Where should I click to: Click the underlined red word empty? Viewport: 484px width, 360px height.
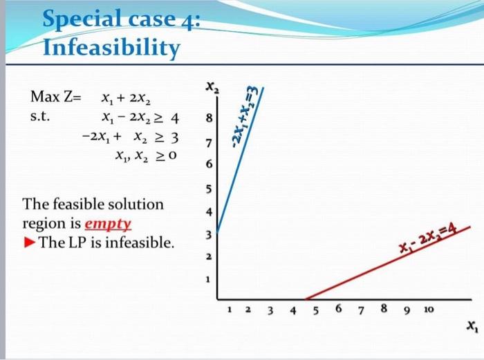107,224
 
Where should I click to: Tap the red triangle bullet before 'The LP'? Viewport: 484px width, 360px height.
30,243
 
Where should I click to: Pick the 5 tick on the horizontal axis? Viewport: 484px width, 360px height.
317,310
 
